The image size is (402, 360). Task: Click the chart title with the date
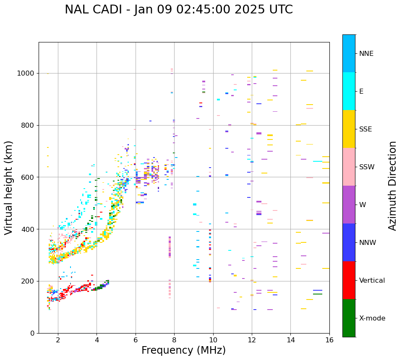tap(179, 10)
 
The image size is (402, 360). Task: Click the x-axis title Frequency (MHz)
tap(183, 350)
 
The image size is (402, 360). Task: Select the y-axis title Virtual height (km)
tap(9, 188)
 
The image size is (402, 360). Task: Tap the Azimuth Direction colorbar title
tap(392, 186)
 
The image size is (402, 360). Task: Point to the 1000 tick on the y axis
tap(26, 73)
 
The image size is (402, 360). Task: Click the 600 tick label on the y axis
tap(28, 177)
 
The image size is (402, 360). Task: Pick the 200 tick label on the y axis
tap(28, 281)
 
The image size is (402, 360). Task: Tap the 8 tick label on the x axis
tap(174, 339)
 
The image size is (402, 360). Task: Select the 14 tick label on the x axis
tap(290, 339)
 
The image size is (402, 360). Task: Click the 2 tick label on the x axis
tap(58, 339)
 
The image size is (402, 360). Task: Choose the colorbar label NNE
tap(366, 54)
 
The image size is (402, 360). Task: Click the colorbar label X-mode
tap(372, 318)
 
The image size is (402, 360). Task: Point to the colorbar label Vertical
tap(372, 281)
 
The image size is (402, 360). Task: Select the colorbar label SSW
tap(367, 167)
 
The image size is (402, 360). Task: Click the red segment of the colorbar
tap(349, 280)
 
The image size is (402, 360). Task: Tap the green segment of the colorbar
tap(349, 318)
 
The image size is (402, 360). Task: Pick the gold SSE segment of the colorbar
tap(349, 129)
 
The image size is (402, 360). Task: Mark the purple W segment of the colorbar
tap(349, 205)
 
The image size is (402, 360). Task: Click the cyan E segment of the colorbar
tap(349, 91)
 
